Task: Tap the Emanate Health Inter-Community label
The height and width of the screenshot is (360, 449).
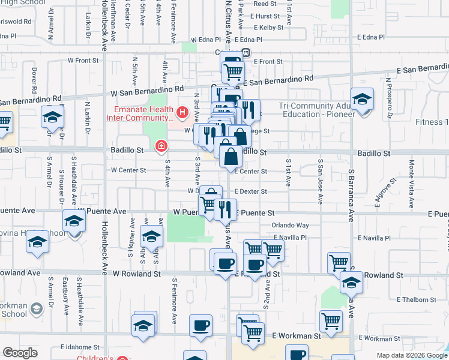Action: [141, 113]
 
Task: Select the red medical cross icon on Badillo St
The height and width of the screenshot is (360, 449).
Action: [161, 146]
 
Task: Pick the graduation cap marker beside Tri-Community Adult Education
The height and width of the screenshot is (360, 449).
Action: [362, 100]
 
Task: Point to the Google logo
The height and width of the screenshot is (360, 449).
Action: [20, 353]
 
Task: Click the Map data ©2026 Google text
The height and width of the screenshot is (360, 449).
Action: [411, 355]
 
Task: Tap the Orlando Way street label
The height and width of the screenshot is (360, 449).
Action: [289, 226]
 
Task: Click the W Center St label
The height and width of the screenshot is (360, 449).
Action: [128, 170]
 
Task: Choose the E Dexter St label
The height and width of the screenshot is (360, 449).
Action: [251, 192]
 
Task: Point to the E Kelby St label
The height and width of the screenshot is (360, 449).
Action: [268, 28]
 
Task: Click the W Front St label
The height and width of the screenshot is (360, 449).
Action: [83, 61]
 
